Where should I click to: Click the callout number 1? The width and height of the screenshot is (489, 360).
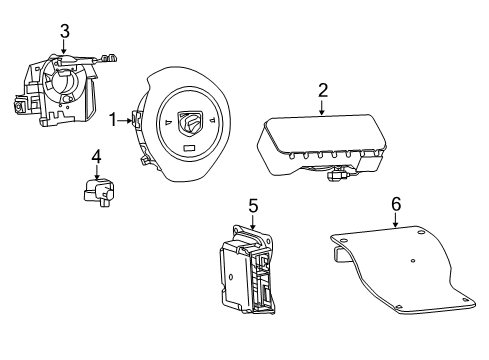click(x=114, y=120)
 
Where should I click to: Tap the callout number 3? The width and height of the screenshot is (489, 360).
click(x=64, y=31)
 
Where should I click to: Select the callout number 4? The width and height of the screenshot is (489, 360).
click(x=96, y=156)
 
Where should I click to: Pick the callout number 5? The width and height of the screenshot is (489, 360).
click(x=253, y=207)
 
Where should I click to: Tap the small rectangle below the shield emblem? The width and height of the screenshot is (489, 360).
click(x=188, y=148)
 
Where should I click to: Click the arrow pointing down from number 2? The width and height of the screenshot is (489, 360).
click(x=323, y=109)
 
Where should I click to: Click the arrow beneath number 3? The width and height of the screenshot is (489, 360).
click(x=64, y=49)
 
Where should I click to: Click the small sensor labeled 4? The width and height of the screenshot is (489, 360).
click(x=98, y=191)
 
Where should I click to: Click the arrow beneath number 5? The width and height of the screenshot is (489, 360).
click(x=253, y=225)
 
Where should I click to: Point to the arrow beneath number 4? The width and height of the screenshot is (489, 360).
click(x=96, y=173)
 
